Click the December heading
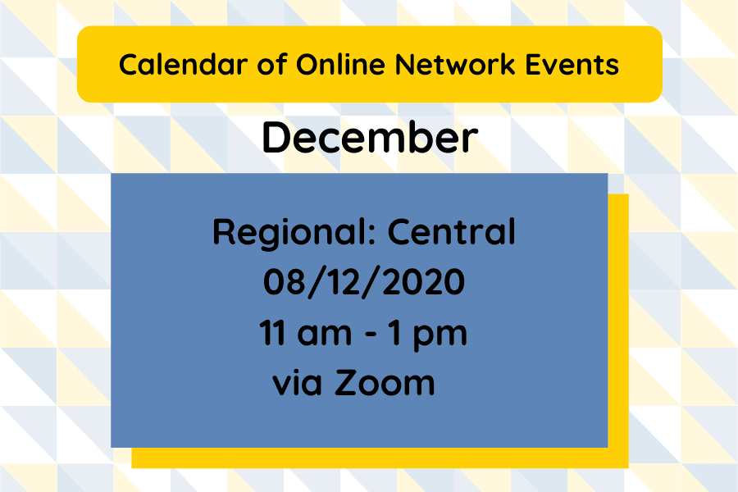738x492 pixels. (369, 139)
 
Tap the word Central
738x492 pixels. (452, 233)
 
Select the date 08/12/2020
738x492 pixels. (364, 283)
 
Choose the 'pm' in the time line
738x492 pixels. (444, 337)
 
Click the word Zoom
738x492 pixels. (383, 383)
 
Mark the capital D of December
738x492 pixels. (276, 139)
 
